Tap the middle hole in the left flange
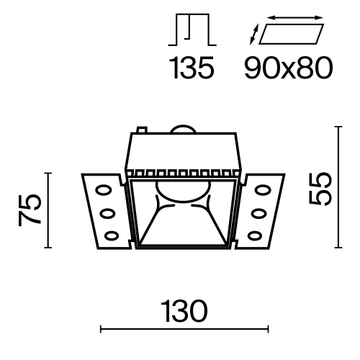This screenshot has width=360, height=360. click(x=108, y=212)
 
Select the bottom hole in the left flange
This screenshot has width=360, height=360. click(x=112, y=232)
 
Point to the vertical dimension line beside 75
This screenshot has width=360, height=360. click(x=49, y=210)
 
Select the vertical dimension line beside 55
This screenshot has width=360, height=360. click(x=338, y=189)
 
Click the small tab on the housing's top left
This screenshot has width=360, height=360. click(x=142, y=132)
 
